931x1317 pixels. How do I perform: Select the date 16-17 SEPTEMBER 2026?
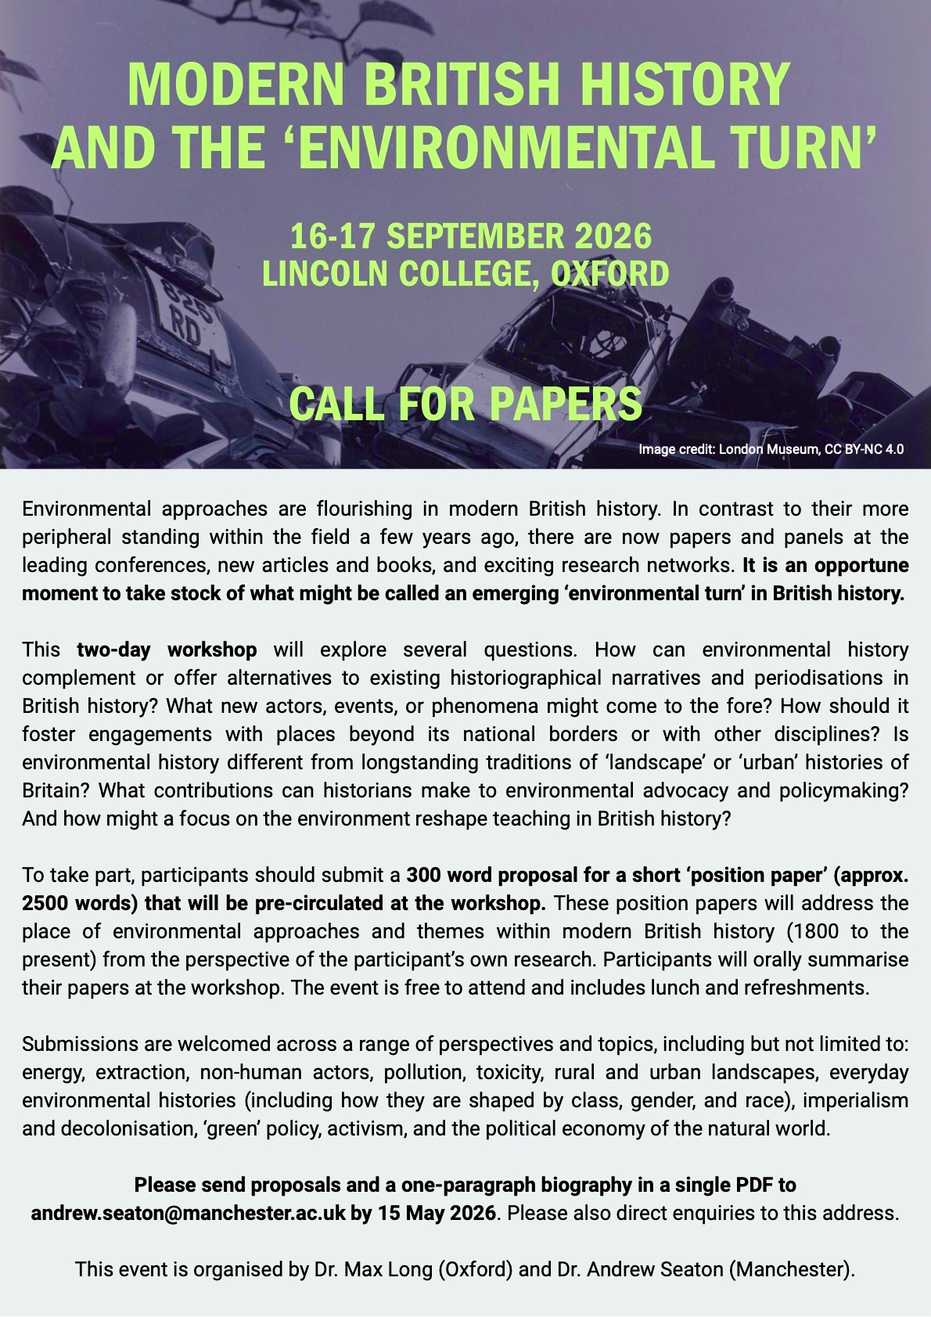coord(470,236)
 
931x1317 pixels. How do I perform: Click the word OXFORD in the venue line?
coord(610,273)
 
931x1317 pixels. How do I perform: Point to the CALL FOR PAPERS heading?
coord(465,403)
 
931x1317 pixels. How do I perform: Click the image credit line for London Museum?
coord(771,449)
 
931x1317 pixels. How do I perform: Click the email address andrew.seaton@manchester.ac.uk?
coord(188,1213)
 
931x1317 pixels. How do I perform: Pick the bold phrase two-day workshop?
coord(167,650)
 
